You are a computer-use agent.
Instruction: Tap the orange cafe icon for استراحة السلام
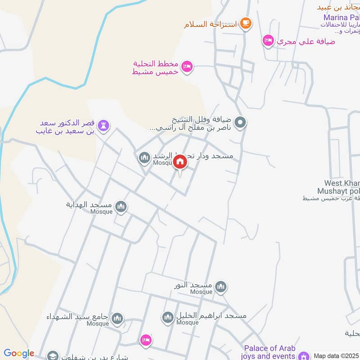[x=245, y=22]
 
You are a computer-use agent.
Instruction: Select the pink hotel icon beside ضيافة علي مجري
[x=268, y=40]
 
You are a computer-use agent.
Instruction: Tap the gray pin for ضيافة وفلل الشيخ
[x=240, y=121]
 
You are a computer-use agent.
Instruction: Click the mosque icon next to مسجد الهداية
[x=121, y=207]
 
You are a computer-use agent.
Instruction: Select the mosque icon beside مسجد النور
[x=220, y=287]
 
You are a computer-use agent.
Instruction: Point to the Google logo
[x=18, y=353]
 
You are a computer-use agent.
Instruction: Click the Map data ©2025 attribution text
[x=337, y=355]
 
